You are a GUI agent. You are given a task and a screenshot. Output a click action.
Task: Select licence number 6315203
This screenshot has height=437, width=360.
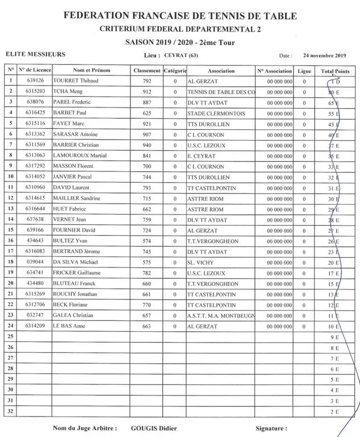[39, 92]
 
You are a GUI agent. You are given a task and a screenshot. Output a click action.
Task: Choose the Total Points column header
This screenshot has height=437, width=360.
[335, 71]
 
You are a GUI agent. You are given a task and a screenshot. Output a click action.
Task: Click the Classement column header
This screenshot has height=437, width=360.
[147, 71]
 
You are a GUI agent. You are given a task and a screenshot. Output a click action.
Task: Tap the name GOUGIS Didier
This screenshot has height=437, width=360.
[154, 428]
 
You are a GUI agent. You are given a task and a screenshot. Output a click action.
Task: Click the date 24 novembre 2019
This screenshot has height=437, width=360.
[324, 56]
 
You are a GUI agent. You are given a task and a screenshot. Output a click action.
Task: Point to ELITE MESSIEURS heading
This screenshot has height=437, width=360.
[35, 55]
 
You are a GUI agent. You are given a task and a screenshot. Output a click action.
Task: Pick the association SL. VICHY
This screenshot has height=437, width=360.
[203, 262]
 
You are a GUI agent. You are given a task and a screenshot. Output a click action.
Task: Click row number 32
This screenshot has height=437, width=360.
[10, 410]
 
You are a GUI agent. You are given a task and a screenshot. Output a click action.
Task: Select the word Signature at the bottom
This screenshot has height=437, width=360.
[271, 428]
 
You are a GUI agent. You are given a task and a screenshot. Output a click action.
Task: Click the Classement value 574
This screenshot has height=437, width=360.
[147, 241]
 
